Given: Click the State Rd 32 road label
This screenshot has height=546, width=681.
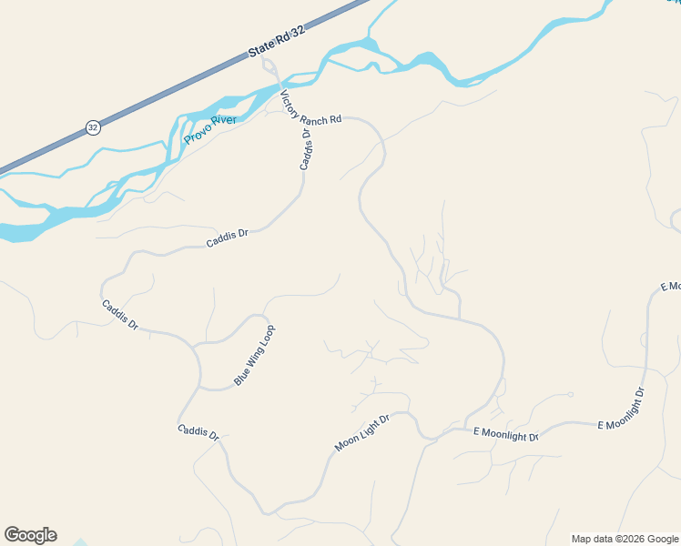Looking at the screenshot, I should [x=277, y=43].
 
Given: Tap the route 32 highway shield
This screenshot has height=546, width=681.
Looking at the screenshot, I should [x=93, y=127].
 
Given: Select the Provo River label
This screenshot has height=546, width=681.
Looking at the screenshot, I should [x=210, y=130].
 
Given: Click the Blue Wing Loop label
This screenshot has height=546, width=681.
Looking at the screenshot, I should [x=254, y=355].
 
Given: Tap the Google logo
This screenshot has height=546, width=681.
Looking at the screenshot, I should [x=30, y=535].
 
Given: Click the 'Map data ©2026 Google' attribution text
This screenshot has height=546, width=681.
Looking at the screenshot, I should [x=625, y=539].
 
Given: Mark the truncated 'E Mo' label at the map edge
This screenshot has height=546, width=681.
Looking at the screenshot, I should [x=670, y=287].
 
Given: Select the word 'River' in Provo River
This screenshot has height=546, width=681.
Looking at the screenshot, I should [x=223, y=123].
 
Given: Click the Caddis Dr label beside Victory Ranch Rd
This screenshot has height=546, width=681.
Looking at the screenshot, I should [x=306, y=149].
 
